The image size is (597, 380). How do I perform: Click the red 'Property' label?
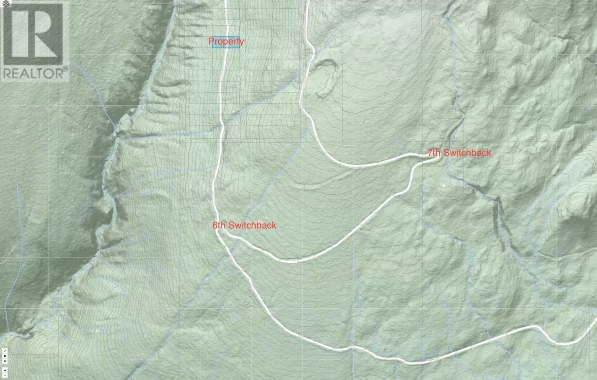click(x=226, y=41)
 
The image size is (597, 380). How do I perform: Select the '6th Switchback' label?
click(x=244, y=225)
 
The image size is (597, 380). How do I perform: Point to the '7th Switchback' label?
click(x=459, y=153)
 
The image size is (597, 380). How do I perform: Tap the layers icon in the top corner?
click(x=4, y=3)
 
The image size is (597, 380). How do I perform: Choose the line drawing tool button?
click(x=5, y=351)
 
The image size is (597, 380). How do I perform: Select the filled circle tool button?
click(x=5, y=356)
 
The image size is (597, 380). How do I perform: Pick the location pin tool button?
click(x=5, y=361)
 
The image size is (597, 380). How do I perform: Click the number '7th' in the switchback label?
click(x=434, y=153)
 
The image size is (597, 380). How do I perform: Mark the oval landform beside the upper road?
click(x=324, y=78)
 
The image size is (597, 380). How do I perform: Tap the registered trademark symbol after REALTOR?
click(x=65, y=68)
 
